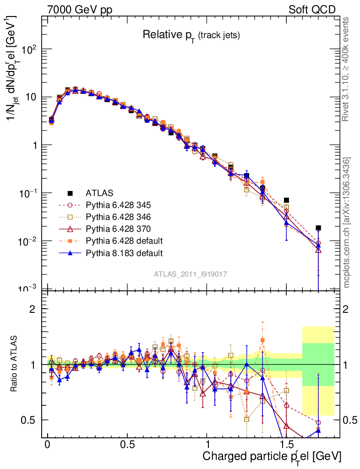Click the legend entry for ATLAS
point(100,193)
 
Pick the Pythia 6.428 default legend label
point(124,241)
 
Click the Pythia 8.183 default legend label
point(124,253)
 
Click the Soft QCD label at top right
point(312,10)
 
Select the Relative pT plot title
point(191,35)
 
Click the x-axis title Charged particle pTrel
point(272,456)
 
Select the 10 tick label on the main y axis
point(33,98)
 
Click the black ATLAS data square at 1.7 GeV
point(318,228)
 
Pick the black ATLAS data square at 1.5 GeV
point(286,200)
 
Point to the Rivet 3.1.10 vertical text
point(347,69)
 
